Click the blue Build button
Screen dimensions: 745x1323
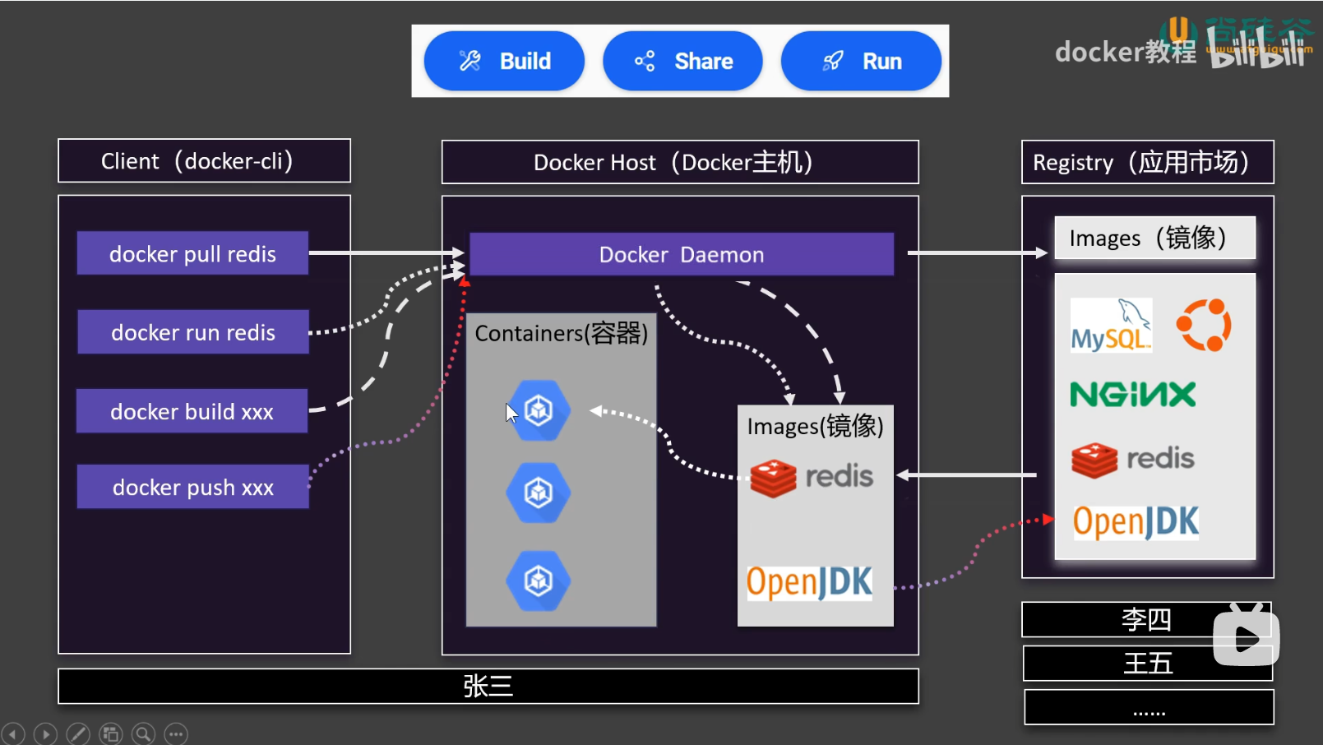tap(504, 61)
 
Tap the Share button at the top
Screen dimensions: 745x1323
tap(682, 61)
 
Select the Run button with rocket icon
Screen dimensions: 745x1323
tap(861, 61)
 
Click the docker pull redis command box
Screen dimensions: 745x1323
tap(192, 253)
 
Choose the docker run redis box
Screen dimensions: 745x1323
tap(193, 332)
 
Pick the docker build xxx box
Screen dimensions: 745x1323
tap(192, 411)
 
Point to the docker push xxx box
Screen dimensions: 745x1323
tap(193, 487)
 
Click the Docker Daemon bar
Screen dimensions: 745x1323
tap(681, 254)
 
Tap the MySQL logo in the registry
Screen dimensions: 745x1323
tap(1111, 326)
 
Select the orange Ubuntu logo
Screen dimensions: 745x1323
tap(1204, 326)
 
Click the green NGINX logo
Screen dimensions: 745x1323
tap(1133, 395)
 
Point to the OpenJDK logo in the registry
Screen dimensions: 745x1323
tap(1136, 521)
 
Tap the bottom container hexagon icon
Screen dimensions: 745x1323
tap(539, 581)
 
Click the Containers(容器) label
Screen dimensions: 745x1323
tap(562, 333)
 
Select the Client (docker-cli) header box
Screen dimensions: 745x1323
tap(204, 161)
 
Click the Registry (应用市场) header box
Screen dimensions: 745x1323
tap(1147, 162)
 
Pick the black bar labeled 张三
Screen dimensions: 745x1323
tap(488, 686)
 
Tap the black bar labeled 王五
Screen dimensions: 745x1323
tap(1147, 663)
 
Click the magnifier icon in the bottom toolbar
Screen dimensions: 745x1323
tap(143, 733)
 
